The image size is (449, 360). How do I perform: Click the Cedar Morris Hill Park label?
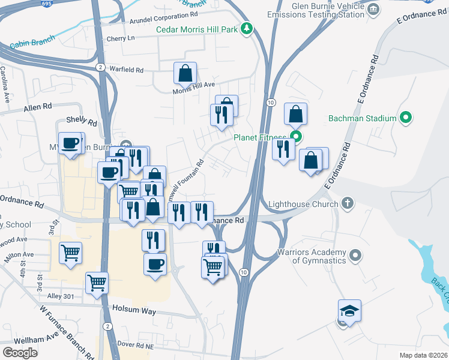(197, 29)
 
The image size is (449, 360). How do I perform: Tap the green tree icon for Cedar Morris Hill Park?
(246, 29)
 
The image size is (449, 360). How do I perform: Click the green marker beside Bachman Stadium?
(405, 118)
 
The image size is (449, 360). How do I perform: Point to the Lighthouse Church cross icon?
(348, 203)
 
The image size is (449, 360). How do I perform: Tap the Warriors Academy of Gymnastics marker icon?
(355, 256)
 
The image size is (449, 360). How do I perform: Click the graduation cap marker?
(349, 311)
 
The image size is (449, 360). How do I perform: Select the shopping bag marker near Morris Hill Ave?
(185, 73)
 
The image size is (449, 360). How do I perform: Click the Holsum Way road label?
(134, 311)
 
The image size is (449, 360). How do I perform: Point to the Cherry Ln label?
(121, 38)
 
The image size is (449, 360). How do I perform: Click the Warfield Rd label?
(127, 70)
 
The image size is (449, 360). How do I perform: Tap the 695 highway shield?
(64, 3)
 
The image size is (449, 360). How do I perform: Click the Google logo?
(20, 352)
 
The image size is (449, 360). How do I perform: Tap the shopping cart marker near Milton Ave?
(71, 253)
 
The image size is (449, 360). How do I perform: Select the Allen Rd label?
(38, 108)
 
